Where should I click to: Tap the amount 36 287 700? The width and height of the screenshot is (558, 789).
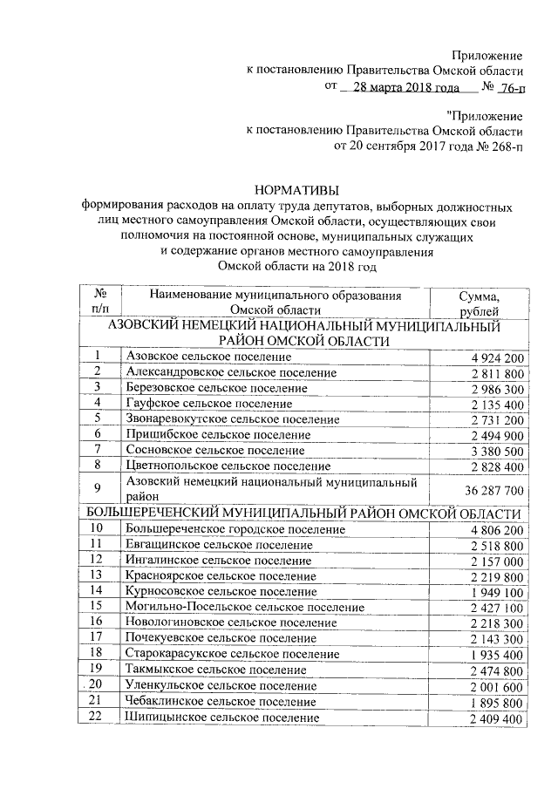pyautogui.click(x=489, y=490)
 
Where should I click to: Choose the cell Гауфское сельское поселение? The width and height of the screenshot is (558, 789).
pyautogui.click(x=208, y=404)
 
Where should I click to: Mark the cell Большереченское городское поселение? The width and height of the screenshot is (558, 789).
pyautogui.click(x=235, y=529)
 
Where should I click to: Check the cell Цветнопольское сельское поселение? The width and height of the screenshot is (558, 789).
pyautogui.click(x=228, y=466)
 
